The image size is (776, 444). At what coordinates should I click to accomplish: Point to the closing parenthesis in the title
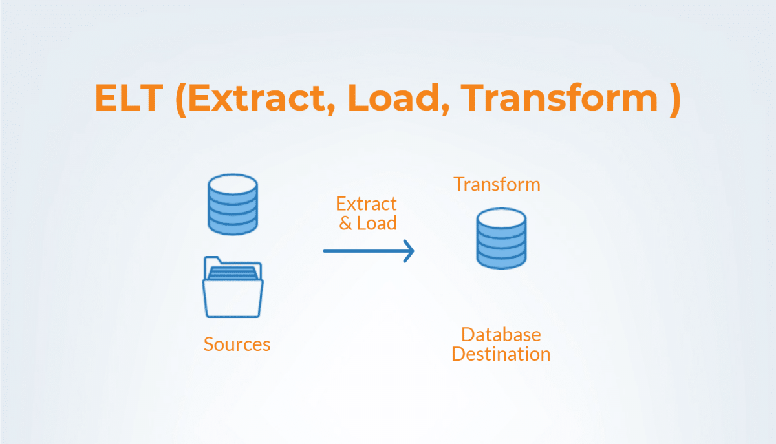[674, 99]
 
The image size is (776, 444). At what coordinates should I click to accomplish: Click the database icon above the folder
[233, 206]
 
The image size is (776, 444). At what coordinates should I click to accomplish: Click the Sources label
[237, 344]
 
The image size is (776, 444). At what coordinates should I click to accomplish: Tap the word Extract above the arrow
[366, 204]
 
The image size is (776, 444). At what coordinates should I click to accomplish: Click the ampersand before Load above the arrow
[346, 224]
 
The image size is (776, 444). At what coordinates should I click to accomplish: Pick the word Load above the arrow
[376, 224]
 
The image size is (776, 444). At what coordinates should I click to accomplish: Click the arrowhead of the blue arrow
[409, 250]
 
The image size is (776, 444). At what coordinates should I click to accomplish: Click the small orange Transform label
[497, 184]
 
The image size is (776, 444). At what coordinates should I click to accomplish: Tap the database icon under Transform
[501, 238]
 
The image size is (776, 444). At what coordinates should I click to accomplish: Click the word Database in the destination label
[501, 335]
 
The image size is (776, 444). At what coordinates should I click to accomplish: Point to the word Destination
[501, 354]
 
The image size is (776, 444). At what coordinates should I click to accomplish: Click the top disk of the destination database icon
[501, 218]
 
